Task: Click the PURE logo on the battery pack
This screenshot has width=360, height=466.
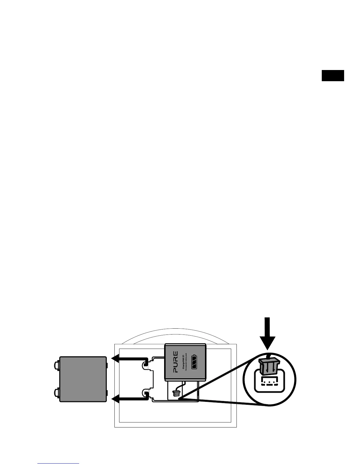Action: click(175, 362)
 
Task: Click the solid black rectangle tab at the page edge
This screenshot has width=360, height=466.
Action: click(333, 75)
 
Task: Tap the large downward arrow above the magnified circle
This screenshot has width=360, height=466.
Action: click(267, 334)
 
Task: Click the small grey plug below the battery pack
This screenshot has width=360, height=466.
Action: click(176, 393)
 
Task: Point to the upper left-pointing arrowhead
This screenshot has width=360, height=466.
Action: click(116, 359)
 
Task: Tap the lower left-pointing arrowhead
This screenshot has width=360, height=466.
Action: click(116, 399)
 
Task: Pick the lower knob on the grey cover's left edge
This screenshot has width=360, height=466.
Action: click(57, 392)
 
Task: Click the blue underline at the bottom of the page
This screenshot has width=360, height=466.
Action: click(59, 463)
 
